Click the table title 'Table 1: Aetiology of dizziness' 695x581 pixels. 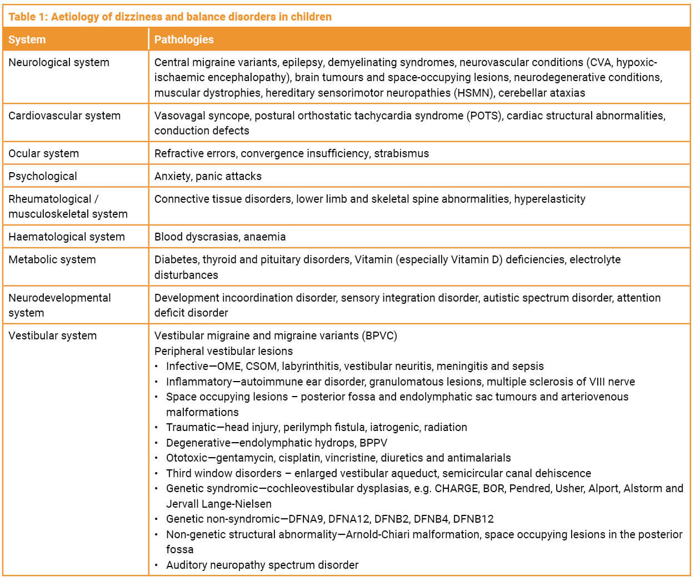tap(169, 17)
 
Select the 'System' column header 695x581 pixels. tap(27, 39)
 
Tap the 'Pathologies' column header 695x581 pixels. tap(184, 39)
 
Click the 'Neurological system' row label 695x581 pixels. tap(59, 62)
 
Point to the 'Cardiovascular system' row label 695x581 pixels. tap(64, 116)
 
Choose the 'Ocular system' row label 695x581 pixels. tap(44, 153)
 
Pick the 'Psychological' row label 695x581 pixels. tap(43, 176)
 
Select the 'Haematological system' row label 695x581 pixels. tap(67, 237)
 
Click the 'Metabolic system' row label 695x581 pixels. tap(52, 259)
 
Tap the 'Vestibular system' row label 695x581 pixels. tap(53, 335)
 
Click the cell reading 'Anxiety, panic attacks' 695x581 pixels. tap(208, 176)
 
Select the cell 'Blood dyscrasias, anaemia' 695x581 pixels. tap(220, 237)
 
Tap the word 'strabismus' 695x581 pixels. tap(401, 153)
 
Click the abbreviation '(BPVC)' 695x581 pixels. tap(379, 335)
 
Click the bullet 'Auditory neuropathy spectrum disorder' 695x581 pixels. tap(262, 565)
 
